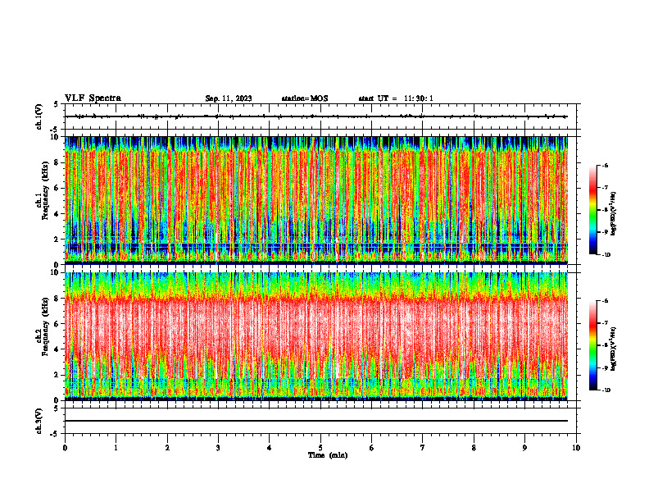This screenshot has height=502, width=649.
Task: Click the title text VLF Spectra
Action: point(93,98)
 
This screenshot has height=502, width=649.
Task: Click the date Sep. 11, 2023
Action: point(229,98)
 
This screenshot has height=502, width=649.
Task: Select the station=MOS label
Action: point(304,98)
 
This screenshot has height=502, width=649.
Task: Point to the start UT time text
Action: point(396,98)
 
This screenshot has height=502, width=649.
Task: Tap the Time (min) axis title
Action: point(327,455)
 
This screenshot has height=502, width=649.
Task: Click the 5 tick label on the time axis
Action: point(320,448)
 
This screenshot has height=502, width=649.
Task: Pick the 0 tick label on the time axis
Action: point(65,448)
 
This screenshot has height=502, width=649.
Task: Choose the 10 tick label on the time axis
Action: point(576,448)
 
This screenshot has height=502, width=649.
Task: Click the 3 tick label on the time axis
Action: point(218,448)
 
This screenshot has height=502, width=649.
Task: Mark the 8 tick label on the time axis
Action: point(474,448)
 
